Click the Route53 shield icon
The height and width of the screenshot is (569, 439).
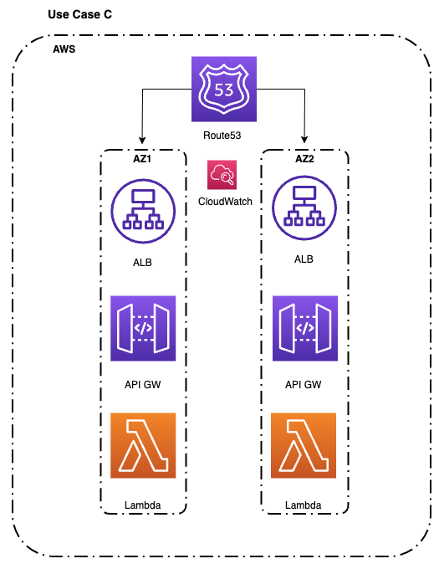click(224, 90)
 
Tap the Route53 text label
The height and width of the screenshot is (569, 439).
click(224, 135)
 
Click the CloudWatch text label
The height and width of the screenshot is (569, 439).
click(225, 202)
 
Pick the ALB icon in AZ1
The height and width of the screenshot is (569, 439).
click(142, 208)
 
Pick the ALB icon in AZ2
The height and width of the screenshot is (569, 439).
click(304, 208)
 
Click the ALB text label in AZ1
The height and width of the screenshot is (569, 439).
click(142, 262)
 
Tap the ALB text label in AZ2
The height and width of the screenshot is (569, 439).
click(304, 259)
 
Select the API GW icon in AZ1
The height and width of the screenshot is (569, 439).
click(143, 328)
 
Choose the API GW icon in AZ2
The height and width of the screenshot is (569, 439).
click(305, 328)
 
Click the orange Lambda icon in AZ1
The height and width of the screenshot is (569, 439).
click(143, 446)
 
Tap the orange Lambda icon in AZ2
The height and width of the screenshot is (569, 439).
click(305, 446)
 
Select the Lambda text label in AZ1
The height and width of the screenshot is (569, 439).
click(142, 505)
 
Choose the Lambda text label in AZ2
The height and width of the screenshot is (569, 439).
click(304, 505)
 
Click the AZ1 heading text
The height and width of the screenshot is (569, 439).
click(142, 158)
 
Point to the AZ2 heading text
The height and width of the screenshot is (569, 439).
click(304, 158)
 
